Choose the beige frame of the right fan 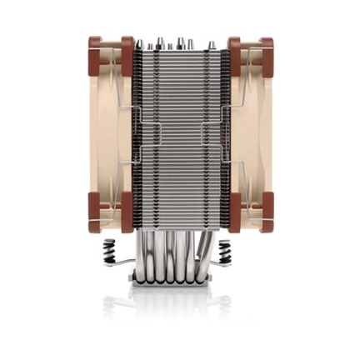click(x=252, y=133)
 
